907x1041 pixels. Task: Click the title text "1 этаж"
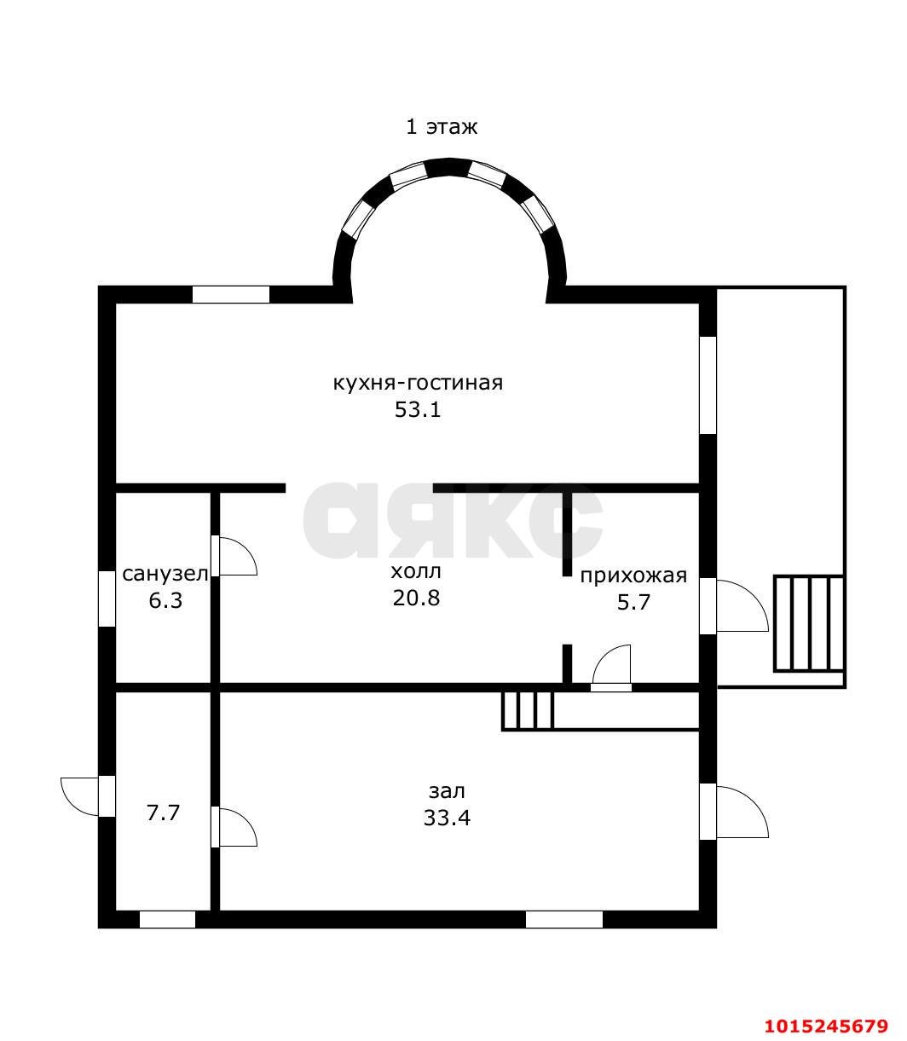click(441, 127)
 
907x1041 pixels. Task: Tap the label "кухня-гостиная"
click(418, 383)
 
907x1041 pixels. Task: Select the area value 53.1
click(418, 409)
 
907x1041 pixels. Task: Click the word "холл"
click(416, 571)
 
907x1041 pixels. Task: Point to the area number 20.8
click(416, 599)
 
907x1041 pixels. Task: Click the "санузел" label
click(165, 574)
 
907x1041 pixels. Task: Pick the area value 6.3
click(165, 601)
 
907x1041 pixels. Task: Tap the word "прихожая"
click(633, 575)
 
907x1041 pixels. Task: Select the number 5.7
click(633, 603)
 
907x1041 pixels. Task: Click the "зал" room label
click(447, 791)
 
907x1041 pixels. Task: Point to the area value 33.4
click(447, 818)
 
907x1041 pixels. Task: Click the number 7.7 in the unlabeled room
click(163, 813)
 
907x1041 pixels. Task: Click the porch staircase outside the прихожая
click(809, 623)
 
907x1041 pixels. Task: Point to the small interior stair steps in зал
click(528, 711)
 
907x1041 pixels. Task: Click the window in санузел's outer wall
click(107, 599)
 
